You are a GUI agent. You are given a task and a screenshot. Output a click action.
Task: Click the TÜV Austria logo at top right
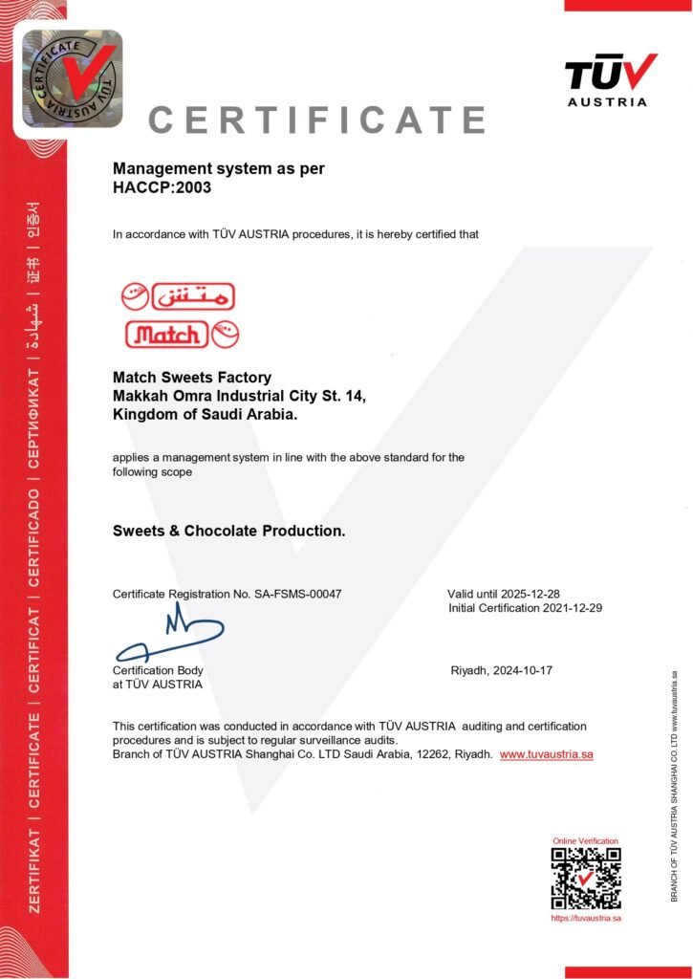pyautogui.click(x=610, y=78)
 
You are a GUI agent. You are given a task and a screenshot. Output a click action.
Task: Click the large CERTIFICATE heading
pyautogui.click(x=317, y=120)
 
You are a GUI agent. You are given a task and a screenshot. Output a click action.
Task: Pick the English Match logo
pyautogui.click(x=181, y=335)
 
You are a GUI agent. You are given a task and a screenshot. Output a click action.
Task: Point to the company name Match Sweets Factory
pyautogui.click(x=192, y=378)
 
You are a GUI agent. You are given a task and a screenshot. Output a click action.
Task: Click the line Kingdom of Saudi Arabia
pyautogui.click(x=205, y=415)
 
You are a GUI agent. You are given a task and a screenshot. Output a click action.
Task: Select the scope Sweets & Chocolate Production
pyautogui.click(x=229, y=531)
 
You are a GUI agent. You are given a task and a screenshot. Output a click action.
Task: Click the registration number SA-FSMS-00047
pyautogui.click(x=297, y=594)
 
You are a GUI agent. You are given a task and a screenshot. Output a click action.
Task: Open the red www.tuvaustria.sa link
pyautogui.click(x=547, y=754)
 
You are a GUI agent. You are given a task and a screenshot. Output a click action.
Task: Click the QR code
pyautogui.click(x=585, y=878)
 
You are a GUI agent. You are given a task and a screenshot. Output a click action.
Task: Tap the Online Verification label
pyautogui.click(x=585, y=840)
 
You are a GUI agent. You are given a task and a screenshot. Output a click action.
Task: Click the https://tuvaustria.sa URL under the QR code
pyautogui.click(x=586, y=918)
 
